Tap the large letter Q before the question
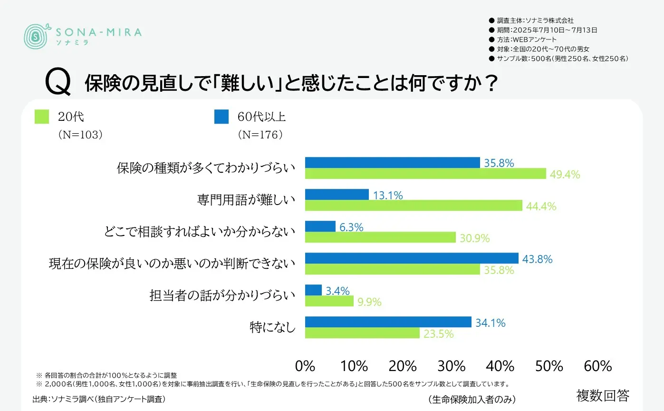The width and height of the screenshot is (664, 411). (x=58, y=83)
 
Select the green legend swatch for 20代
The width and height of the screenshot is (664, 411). (x=42, y=117)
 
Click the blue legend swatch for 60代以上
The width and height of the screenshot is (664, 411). (x=221, y=117)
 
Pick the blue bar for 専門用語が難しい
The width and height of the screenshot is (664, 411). (x=337, y=195)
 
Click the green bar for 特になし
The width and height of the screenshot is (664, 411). (x=362, y=333)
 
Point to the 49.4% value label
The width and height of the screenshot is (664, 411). (x=565, y=175)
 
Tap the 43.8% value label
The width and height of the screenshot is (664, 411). (x=537, y=259)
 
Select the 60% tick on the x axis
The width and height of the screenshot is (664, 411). (x=597, y=366)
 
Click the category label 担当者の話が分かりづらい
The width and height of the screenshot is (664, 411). (x=222, y=295)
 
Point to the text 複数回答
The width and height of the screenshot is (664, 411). (x=603, y=395)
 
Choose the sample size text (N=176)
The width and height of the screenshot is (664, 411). (x=260, y=135)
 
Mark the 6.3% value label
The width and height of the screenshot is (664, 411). (x=351, y=227)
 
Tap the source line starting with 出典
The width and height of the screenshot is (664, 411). (x=99, y=398)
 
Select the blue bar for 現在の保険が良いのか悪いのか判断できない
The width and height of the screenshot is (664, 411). (x=411, y=258)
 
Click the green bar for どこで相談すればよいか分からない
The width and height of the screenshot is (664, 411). (x=380, y=237)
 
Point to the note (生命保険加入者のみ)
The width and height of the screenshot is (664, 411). (x=472, y=399)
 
